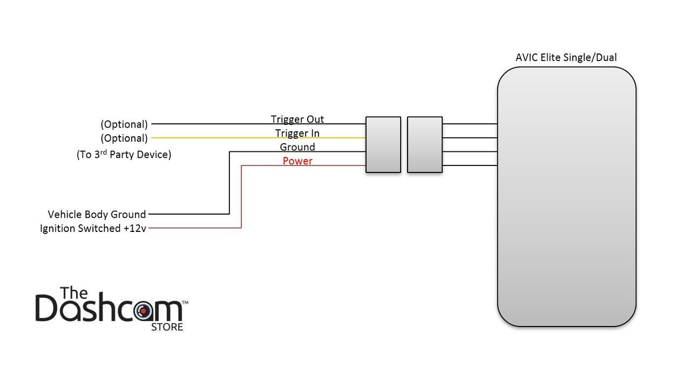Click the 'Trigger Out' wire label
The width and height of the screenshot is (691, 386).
tap(297, 119)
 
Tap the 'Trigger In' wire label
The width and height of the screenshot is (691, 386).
tap(297, 133)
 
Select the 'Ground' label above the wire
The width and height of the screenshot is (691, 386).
tap(297, 147)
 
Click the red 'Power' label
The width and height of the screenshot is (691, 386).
tap(297, 161)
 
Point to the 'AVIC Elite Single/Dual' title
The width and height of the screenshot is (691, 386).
tap(566, 57)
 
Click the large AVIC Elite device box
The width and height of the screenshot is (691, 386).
tap(567, 197)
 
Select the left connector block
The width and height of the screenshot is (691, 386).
tap(383, 144)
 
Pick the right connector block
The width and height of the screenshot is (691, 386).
tap(425, 144)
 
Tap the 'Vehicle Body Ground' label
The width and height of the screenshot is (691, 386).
tap(97, 214)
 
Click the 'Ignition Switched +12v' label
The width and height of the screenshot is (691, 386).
tap(93, 229)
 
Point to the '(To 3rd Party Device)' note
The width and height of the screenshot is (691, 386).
tap(124, 155)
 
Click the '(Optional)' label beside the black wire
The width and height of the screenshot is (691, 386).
tap(124, 124)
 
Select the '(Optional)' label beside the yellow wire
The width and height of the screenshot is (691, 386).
tap(124, 138)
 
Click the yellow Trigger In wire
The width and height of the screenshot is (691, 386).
tap(259, 138)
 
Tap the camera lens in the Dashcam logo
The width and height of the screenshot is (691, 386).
tap(144, 311)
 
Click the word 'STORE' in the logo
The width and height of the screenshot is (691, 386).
tap(167, 327)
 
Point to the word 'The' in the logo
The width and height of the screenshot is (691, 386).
tap(74, 292)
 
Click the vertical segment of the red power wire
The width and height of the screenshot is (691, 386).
tap(241, 197)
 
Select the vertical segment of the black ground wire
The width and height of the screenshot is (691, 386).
tap(229, 183)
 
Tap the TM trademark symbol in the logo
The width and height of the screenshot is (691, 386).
tap(185, 303)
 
